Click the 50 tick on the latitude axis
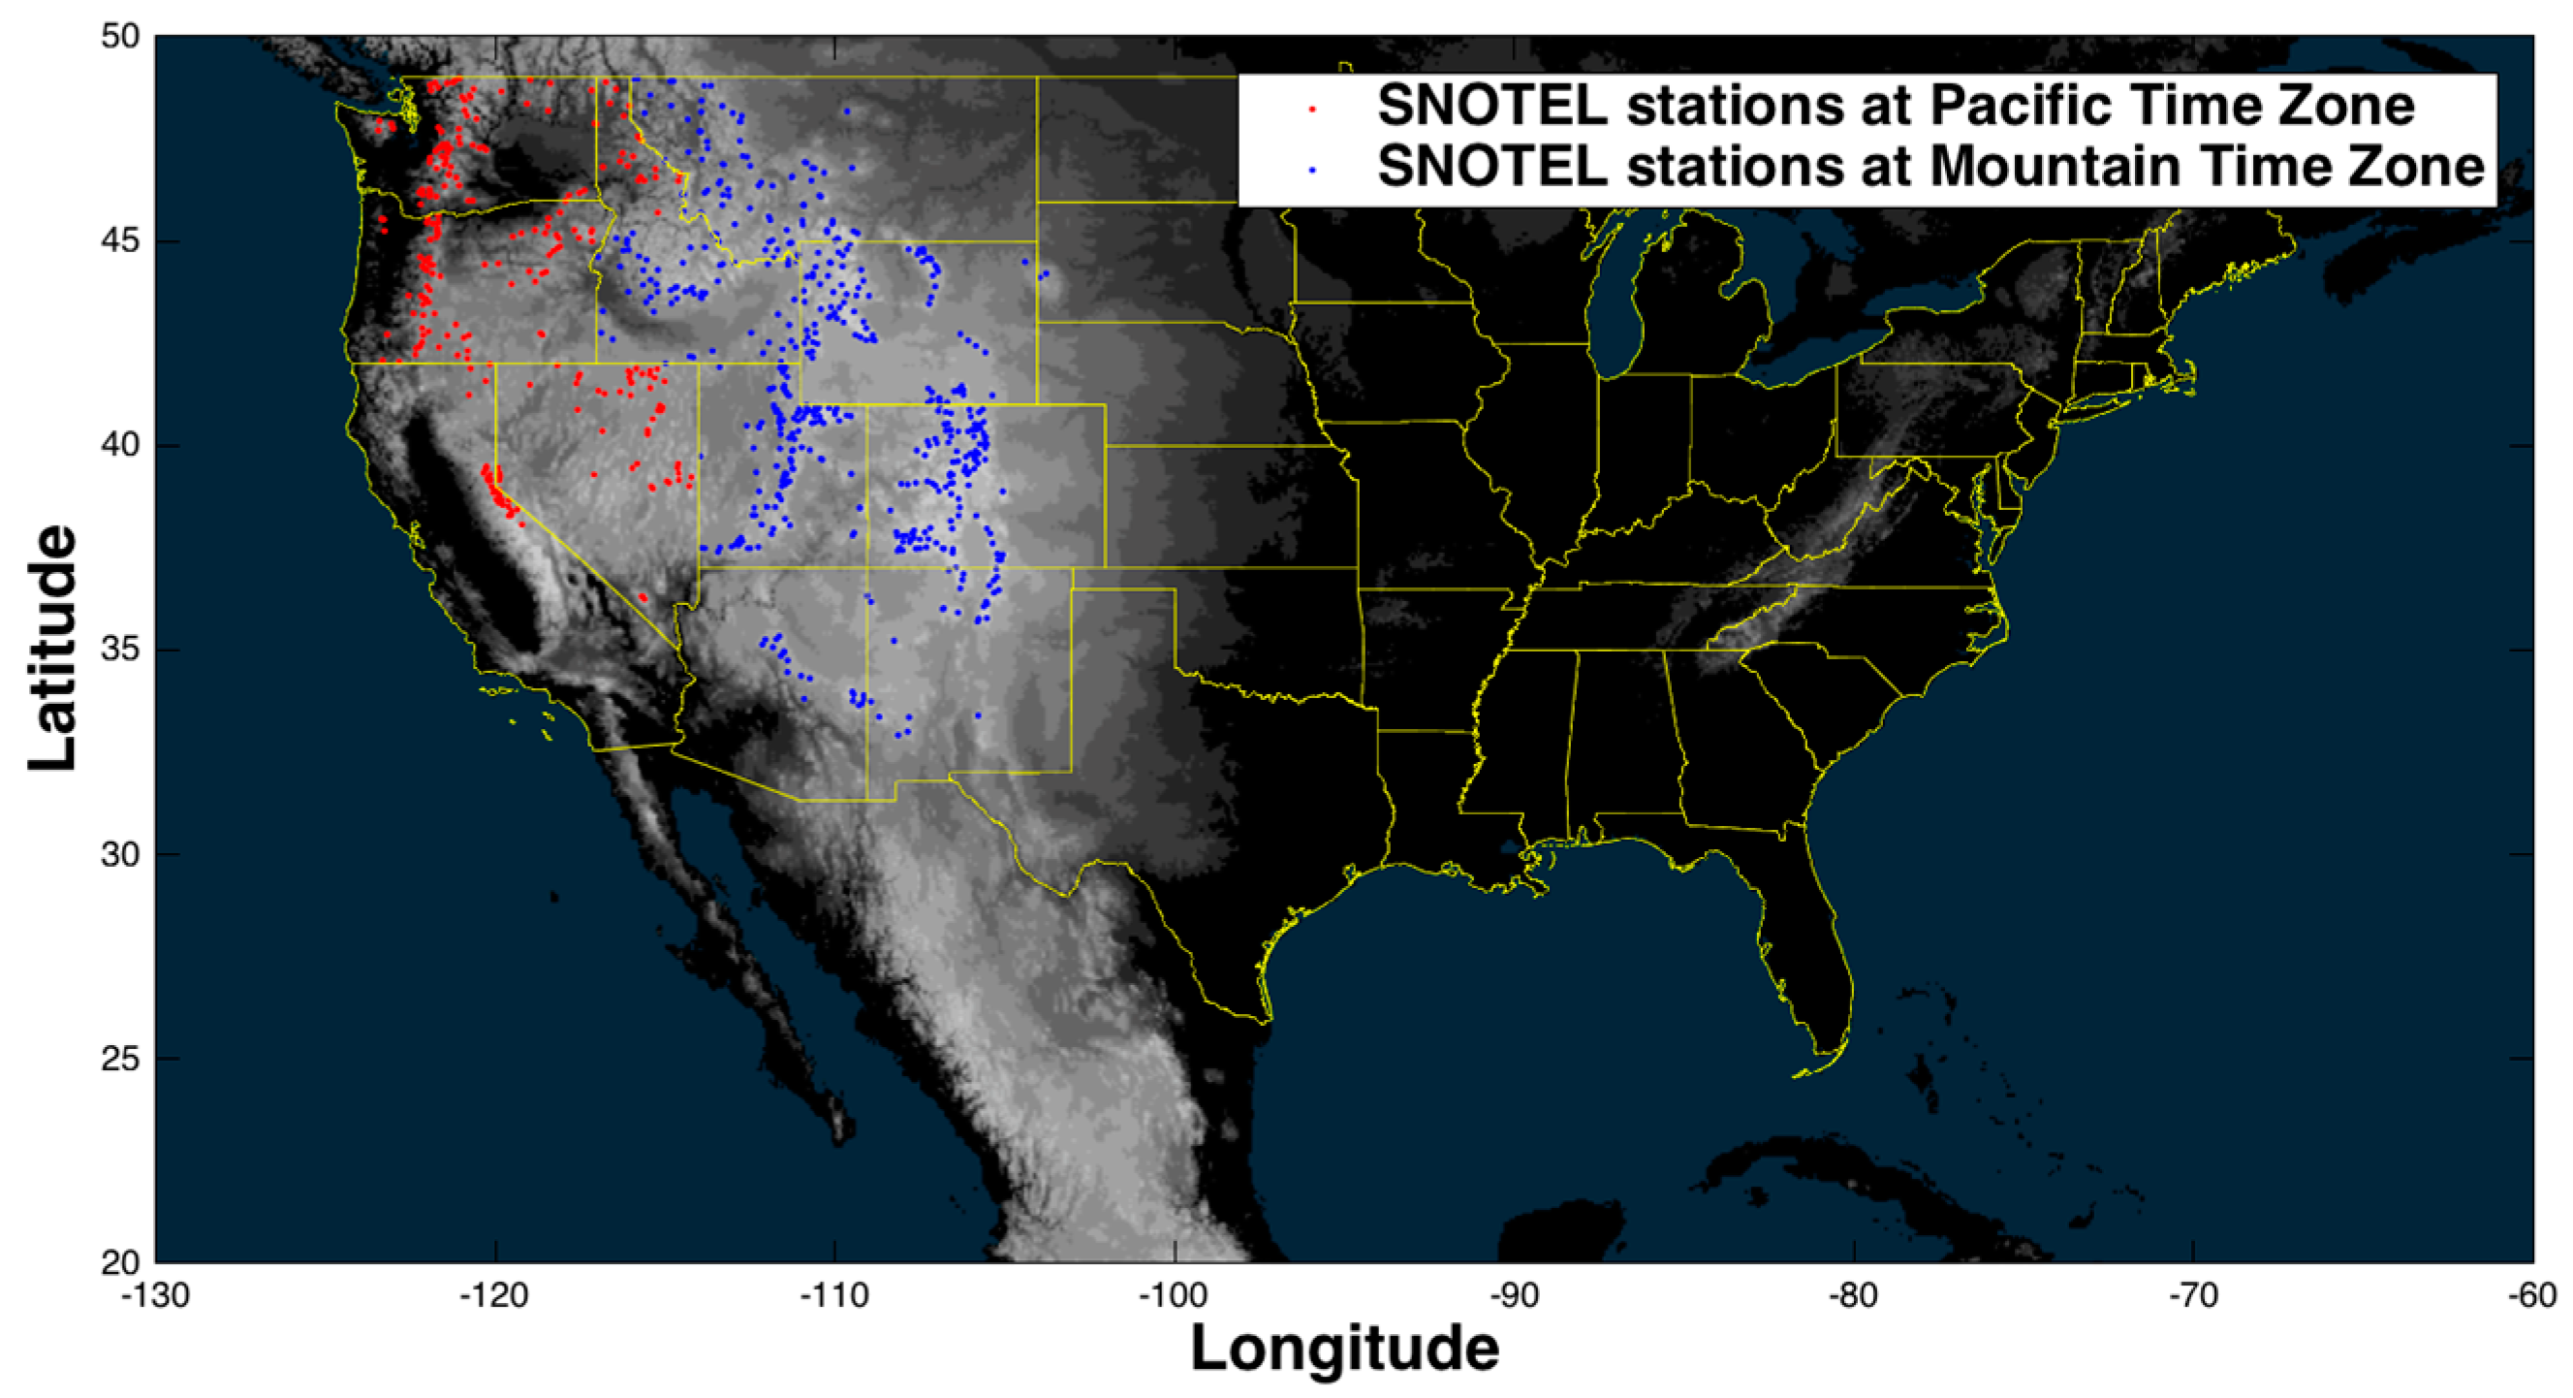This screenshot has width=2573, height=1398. click(120, 37)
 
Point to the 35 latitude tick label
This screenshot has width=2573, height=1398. click(120, 651)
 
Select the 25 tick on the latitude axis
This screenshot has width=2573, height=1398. click(120, 1060)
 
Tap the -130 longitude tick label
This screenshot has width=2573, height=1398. click(156, 1296)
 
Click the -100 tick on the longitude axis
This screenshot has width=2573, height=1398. click(1175, 1296)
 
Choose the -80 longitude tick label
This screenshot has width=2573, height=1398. click(1854, 1296)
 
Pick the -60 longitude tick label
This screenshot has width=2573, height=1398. click(2533, 1296)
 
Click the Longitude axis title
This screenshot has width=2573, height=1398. click(1344, 1349)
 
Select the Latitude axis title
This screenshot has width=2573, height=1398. click(52, 650)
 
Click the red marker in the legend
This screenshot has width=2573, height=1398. click(1311, 107)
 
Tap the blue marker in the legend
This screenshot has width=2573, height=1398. click(1311, 169)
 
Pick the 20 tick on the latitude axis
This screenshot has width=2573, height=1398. click(120, 1263)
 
